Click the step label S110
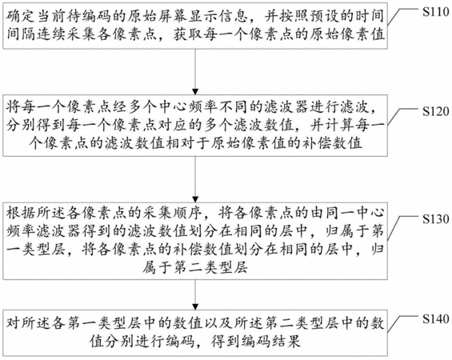(435, 12)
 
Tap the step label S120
(435, 111)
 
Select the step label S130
(435, 219)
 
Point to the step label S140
(435, 318)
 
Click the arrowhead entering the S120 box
(195, 92)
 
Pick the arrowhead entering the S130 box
(195, 199)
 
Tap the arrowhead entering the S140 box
(195, 307)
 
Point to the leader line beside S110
(402, 17)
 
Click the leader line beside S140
(402, 324)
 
